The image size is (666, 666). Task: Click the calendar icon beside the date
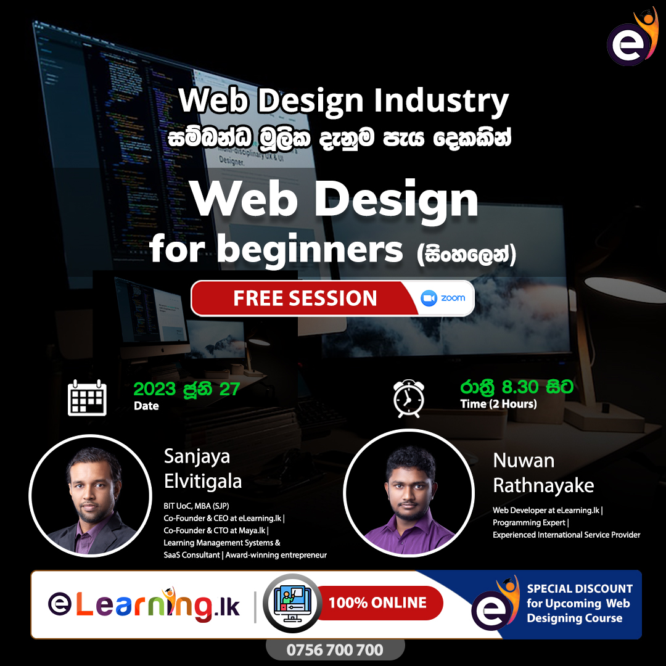pos(87,398)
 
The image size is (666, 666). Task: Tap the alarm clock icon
pos(409,398)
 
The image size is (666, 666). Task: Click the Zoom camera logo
pos(429,298)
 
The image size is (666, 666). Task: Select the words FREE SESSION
pos(305,298)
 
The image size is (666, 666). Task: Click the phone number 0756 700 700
pos(335,650)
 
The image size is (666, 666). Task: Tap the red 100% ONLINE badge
pos(378,602)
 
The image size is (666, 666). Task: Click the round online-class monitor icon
pos(292,602)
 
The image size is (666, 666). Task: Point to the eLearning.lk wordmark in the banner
pos(144,604)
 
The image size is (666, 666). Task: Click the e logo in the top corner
pos(632,38)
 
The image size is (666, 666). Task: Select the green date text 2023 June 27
pos(187,389)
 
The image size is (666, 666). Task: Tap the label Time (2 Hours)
pos(498,403)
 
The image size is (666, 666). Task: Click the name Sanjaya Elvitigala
pos(203,469)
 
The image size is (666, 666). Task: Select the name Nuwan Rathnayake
pos(543,473)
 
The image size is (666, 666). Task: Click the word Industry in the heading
pos(442,101)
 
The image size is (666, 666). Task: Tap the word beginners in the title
pos(310,250)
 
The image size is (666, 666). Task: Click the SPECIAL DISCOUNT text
pos(580,589)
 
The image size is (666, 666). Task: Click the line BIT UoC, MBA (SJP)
pos(196,506)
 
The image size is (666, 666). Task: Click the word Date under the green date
pos(146,406)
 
